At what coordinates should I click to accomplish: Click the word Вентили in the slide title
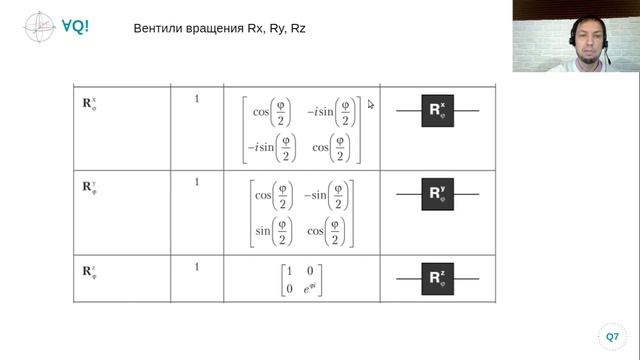click(158, 28)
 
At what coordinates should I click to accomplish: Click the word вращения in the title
click(215, 29)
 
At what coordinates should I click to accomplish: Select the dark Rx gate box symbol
click(438, 111)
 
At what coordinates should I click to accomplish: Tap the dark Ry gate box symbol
click(438, 194)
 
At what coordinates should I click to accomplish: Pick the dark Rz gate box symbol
click(438, 279)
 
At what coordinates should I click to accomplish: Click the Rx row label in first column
click(89, 104)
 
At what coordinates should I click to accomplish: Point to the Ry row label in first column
click(89, 187)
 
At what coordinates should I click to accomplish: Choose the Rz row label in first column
click(89, 272)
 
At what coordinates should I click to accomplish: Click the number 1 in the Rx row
click(197, 99)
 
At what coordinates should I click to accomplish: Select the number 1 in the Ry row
click(197, 182)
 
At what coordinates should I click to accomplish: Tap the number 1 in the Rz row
click(197, 267)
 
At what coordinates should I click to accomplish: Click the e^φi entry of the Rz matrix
click(310, 288)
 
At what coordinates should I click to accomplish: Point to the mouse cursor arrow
click(370, 104)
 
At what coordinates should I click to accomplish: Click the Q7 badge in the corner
click(612, 337)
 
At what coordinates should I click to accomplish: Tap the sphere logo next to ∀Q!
click(39, 27)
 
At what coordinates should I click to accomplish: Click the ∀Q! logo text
click(75, 26)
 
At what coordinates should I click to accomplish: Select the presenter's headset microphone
click(607, 55)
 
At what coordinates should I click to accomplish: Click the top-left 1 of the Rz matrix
click(289, 271)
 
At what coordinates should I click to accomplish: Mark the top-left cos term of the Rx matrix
click(272, 112)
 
